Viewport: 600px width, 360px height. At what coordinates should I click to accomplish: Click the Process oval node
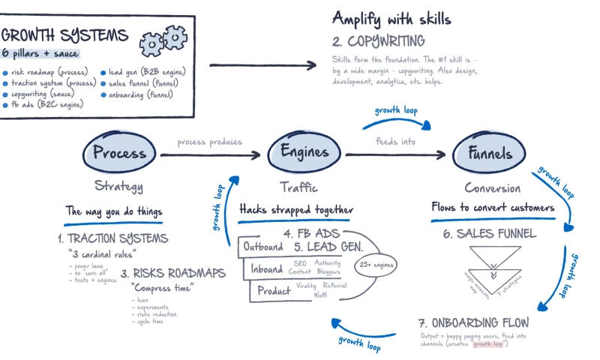(x=119, y=154)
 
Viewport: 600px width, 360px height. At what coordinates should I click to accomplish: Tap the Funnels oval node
(x=484, y=154)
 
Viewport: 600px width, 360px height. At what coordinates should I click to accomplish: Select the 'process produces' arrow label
(x=209, y=141)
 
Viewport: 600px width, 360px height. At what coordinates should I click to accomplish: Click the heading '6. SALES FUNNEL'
(x=489, y=233)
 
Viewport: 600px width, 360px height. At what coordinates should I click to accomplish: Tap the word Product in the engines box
(x=274, y=290)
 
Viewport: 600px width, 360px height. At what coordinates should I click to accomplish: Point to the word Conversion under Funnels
(x=492, y=187)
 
